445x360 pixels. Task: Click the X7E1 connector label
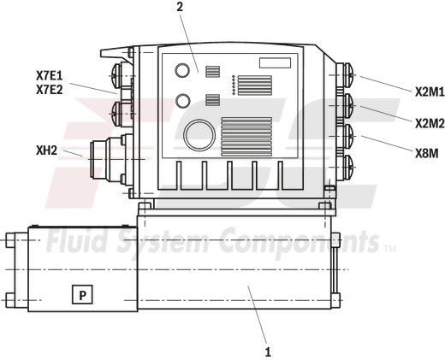point(50,74)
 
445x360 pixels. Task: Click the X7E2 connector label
point(50,88)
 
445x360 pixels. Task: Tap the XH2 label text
point(46,151)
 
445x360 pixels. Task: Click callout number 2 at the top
point(181,8)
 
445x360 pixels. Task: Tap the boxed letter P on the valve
point(83,295)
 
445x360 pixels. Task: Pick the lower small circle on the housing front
point(182,101)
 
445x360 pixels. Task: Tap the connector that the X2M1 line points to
point(346,75)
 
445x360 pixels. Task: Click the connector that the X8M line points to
point(346,134)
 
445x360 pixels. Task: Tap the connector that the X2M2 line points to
point(346,106)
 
